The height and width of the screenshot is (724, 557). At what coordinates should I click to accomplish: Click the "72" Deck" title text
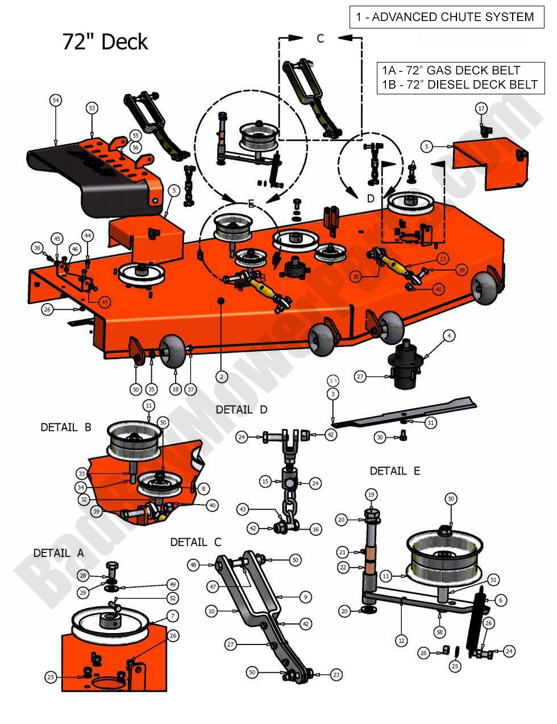(x=105, y=42)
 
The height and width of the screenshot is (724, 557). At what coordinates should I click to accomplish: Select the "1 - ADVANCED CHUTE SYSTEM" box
(x=445, y=17)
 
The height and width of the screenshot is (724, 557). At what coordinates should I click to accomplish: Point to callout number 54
(x=55, y=101)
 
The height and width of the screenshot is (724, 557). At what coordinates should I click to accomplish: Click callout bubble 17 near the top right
(x=481, y=109)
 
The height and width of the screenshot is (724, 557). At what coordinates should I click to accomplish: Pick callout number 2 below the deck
(x=222, y=376)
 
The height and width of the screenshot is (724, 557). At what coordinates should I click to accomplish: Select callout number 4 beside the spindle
(x=448, y=336)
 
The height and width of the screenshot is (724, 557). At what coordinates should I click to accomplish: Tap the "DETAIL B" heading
(x=66, y=427)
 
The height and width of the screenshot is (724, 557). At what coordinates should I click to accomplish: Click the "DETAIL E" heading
(x=394, y=471)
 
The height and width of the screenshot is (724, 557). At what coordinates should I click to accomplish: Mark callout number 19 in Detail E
(x=371, y=495)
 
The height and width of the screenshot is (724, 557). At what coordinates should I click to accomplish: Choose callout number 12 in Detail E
(x=401, y=640)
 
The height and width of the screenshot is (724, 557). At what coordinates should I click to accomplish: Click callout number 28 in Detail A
(x=83, y=576)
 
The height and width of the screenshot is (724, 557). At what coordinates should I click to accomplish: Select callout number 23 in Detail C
(x=336, y=675)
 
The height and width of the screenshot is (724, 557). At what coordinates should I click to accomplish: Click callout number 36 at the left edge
(x=38, y=248)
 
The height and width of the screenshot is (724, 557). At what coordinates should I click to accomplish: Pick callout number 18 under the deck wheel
(x=175, y=389)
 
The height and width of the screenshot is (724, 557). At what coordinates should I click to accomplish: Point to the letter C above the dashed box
(x=320, y=39)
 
